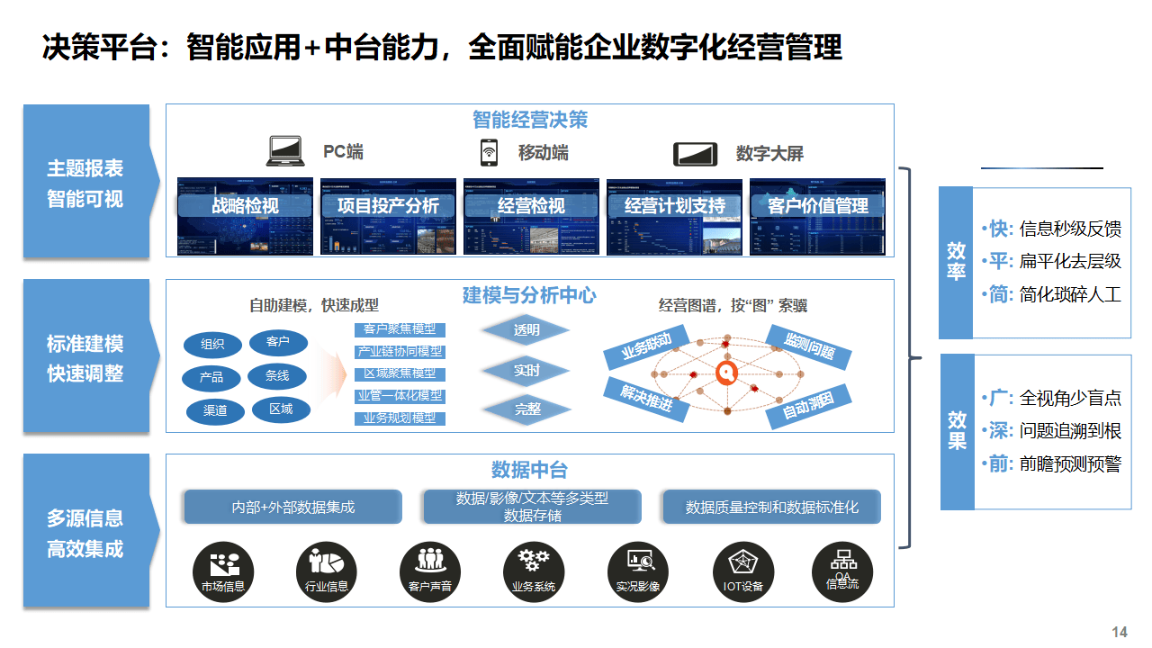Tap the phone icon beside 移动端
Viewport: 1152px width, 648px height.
(489, 152)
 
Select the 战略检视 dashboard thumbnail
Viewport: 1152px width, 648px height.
(245, 216)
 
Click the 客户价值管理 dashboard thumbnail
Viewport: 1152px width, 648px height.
(817, 216)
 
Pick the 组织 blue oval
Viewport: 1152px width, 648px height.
(212, 345)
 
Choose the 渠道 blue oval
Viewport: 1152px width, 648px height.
(215, 411)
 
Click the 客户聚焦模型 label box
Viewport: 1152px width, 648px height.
(399, 329)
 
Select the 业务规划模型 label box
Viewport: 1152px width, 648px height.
(399, 418)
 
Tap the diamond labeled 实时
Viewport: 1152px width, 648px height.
(526, 370)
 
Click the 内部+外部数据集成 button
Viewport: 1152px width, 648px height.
(292, 507)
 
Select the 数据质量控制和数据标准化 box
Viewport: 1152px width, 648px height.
(771, 507)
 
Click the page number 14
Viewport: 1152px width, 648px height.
(1120, 632)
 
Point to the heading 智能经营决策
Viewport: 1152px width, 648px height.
(529, 120)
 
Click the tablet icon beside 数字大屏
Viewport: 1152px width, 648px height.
(695, 154)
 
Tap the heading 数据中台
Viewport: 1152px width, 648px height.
(529, 470)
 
